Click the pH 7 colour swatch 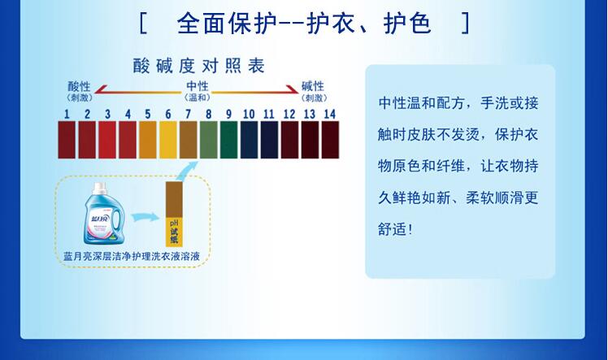(188, 140)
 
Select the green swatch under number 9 (228, 140)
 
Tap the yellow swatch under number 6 (168, 140)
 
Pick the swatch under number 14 (330, 140)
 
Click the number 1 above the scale (67, 114)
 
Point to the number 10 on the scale (249, 114)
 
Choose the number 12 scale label (289, 114)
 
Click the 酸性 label (79, 86)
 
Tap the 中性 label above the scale (198, 86)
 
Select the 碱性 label (313, 86)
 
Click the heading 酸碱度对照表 (199, 66)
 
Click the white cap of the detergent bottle (100, 189)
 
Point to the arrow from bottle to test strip (145, 217)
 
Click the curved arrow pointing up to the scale (186, 171)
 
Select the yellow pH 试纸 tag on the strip (174, 232)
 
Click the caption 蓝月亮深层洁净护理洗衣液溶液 (132, 256)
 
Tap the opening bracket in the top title (143, 24)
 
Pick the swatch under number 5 (148, 140)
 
